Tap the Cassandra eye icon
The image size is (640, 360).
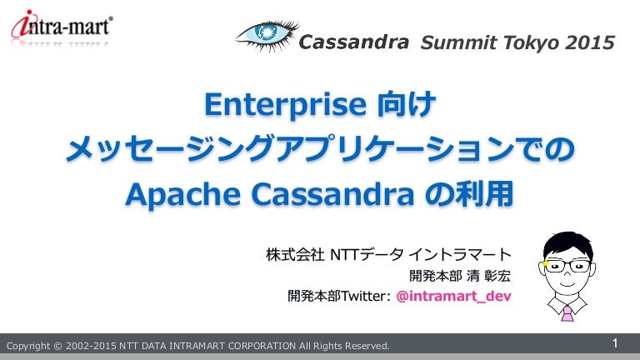(x=267, y=36)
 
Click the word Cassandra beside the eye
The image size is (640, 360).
(x=353, y=42)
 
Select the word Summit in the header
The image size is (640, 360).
(x=458, y=42)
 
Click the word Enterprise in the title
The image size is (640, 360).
(x=286, y=105)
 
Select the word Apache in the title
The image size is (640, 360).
(x=182, y=195)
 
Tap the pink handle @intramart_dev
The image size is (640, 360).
(x=453, y=296)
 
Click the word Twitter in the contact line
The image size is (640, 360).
(x=362, y=296)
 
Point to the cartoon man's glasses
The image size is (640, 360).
(x=568, y=266)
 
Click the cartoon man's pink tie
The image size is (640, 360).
(x=567, y=314)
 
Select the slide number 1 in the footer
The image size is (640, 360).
(x=615, y=343)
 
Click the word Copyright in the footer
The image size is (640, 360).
(x=28, y=346)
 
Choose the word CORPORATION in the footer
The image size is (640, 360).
(x=262, y=346)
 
